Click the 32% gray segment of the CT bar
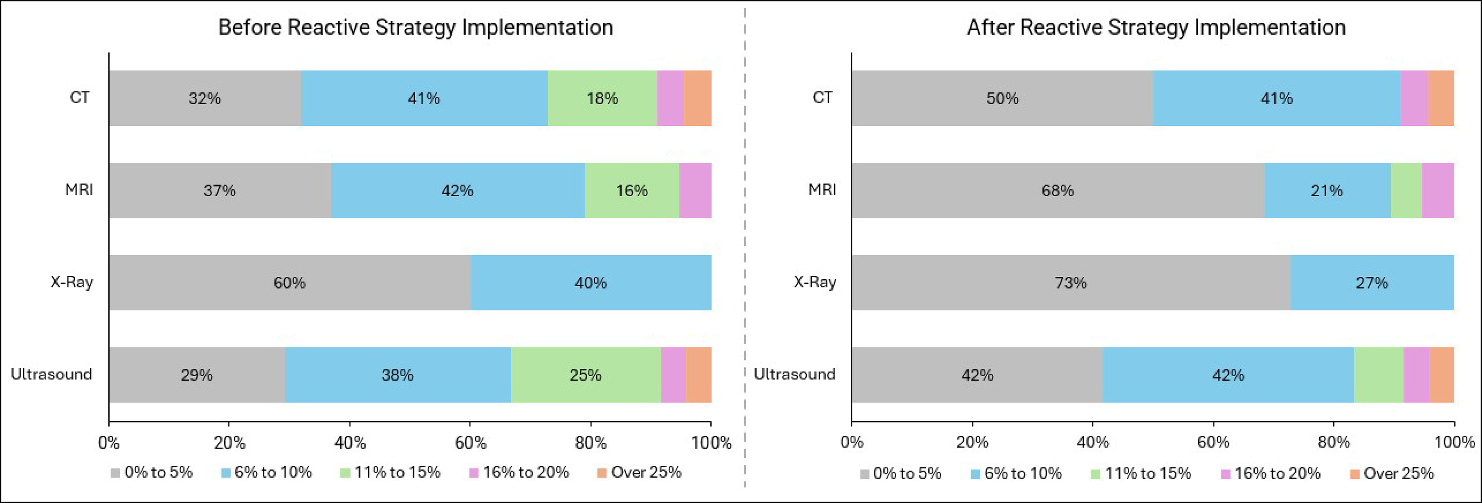205,98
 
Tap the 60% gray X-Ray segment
289,283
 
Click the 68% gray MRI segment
1058,191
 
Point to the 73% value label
1071,283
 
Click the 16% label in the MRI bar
632,191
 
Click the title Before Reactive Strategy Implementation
415,27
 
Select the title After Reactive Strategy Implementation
1156,27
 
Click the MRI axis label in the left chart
79,189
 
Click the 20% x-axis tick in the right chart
972,443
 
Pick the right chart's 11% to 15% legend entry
1140,473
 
